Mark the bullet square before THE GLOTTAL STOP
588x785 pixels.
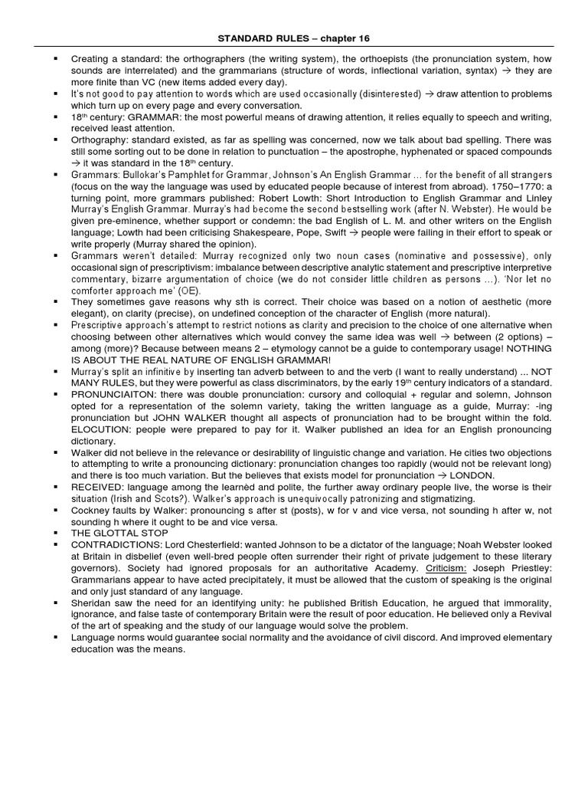click(57, 533)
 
